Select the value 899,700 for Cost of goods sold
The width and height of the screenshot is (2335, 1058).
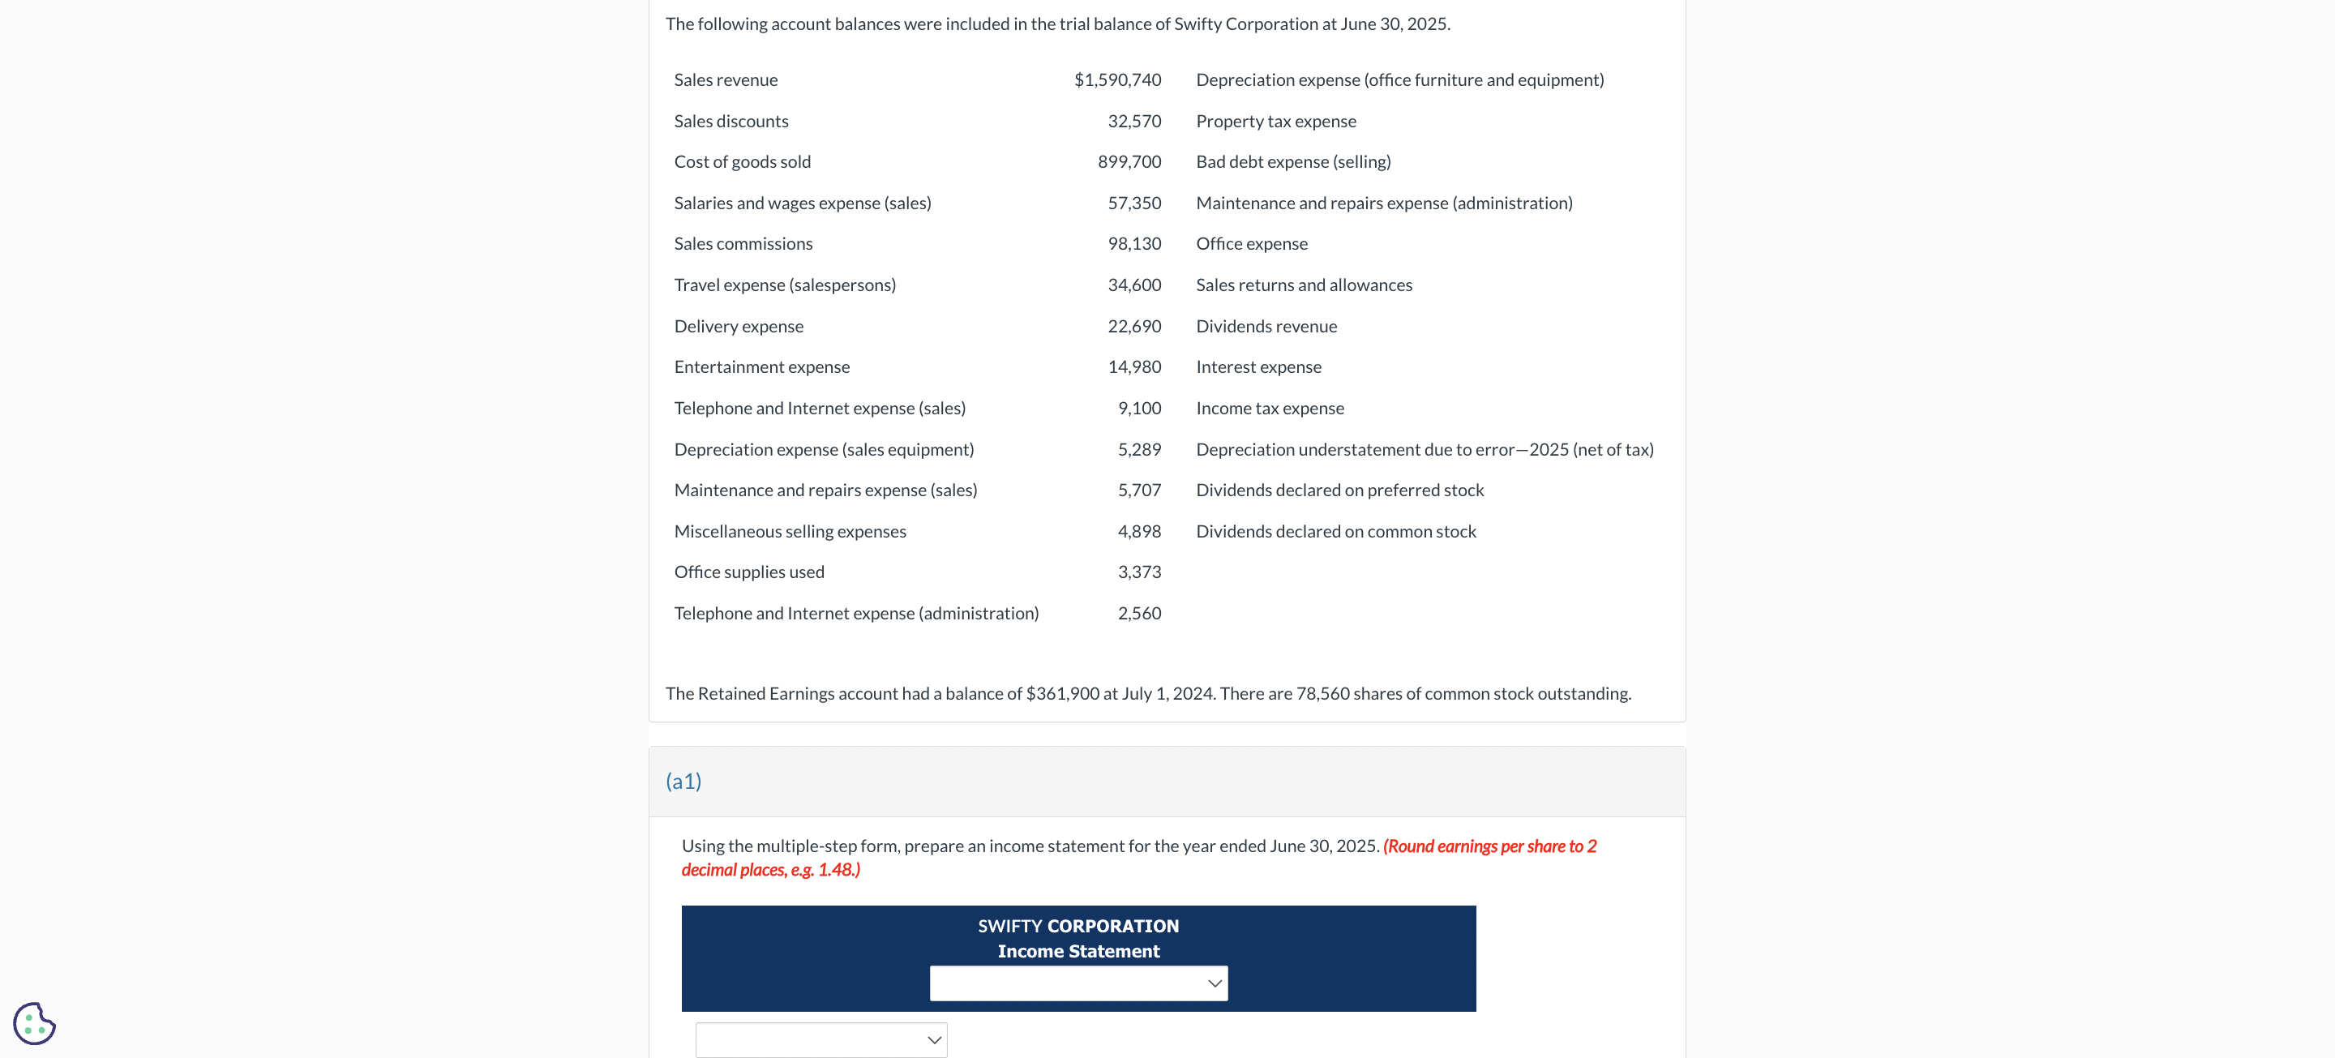tap(1129, 161)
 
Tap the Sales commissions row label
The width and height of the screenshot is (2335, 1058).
tap(743, 244)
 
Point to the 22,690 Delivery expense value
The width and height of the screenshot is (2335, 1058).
tap(1133, 327)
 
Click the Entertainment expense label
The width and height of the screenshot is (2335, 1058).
tap(761, 367)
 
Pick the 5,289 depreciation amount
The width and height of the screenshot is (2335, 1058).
tap(1138, 450)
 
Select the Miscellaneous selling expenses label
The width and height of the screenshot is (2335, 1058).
tap(790, 531)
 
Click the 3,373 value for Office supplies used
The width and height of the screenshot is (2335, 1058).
tap(1138, 572)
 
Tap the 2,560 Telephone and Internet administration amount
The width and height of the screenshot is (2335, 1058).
tap(1138, 614)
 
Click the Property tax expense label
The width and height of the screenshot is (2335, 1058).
tap(1275, 122)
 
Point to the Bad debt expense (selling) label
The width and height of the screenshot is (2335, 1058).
tap(1292, 161)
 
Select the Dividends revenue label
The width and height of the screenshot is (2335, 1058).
tap(1266, 327)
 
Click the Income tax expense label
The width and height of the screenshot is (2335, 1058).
tap(1269, 408)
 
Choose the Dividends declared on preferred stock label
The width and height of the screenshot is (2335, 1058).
tap(1339, 490)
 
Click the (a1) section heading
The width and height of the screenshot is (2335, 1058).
tap(683, 782)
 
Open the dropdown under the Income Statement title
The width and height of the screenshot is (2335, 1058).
tap(1078, 983)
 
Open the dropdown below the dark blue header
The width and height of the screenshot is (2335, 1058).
tap(820, 1040)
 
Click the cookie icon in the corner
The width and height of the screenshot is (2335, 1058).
tap(34, 1024)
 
